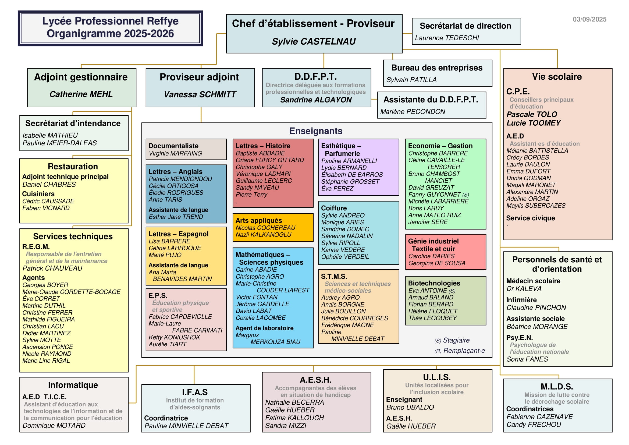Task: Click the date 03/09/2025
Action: coord(589,19)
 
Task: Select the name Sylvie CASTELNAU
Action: coord(313,41)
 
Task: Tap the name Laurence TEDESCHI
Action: coord(447,38)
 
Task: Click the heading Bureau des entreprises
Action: coord(437,68)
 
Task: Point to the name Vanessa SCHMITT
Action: coord(200,94)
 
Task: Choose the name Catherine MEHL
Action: coord(81,94)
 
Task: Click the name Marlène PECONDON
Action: coord(413,112)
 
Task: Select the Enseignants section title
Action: coord(316,131)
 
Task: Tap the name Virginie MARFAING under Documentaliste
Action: coord(175,153)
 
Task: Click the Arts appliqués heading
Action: coord(259,220)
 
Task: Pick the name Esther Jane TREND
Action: coord(176,217)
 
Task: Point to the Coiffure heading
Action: coord(334,208)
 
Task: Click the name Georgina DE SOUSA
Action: coord(437,263)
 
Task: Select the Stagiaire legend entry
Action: coord(452,340)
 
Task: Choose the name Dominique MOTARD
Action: coord(54,425)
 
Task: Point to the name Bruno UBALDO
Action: coord(410,407)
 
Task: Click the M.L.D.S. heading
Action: coord(557,386)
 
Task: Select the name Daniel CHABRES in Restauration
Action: coord(49,184)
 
